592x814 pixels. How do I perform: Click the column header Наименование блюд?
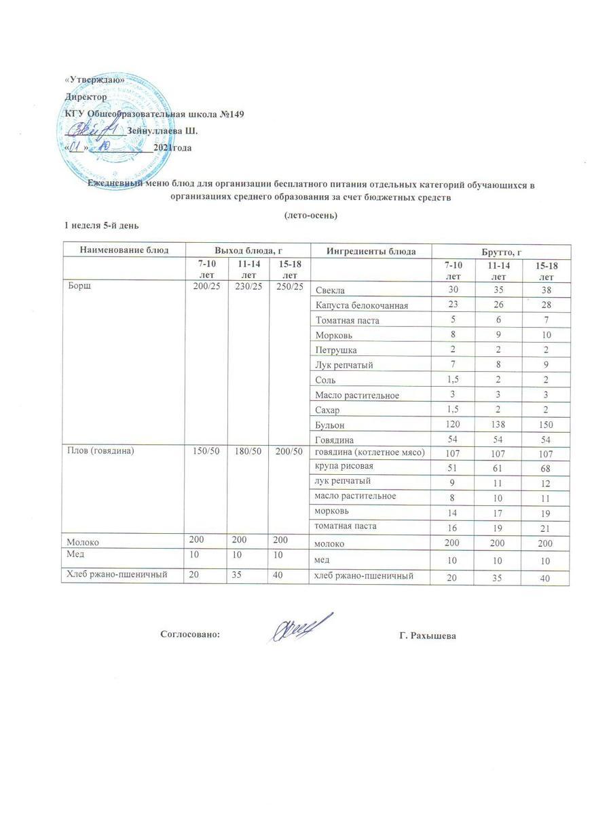(124, 250)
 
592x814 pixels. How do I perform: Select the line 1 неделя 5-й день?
(104, 225)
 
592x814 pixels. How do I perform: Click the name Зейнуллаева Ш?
(162, 130)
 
